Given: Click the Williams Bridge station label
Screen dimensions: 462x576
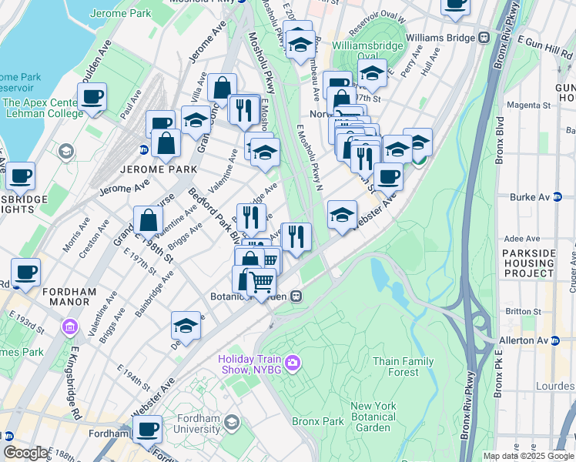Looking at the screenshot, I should pos(441,37).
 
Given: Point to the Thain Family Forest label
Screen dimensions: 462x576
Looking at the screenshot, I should pos(403,367).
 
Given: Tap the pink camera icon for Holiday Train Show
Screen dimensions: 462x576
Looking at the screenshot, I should pos(292,362).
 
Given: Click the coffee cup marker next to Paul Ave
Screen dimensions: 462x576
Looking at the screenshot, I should pos(92,97).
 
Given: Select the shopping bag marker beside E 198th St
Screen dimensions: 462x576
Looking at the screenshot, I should pos(148,221).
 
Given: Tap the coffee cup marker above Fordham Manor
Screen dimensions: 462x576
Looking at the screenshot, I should pos(26,273).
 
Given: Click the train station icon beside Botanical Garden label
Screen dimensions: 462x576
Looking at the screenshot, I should pos(295,296).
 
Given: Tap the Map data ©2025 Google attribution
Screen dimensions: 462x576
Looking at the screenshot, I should pos(527,456).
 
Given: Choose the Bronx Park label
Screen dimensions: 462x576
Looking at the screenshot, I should pos(317,421).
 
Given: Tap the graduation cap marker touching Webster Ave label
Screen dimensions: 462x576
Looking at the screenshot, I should pos(342,215).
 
